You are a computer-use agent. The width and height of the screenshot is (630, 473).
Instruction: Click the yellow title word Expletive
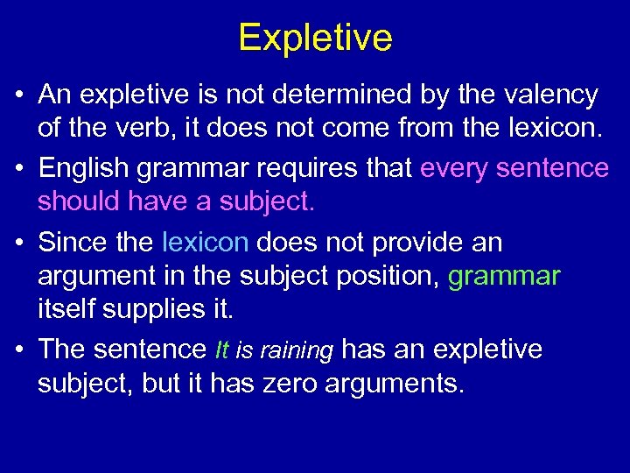pos(315,38)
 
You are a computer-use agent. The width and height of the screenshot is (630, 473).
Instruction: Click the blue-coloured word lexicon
pos(205,242)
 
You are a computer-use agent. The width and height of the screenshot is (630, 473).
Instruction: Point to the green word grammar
pos(503,277)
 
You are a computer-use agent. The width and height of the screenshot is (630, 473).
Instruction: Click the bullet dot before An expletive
pos(18,95)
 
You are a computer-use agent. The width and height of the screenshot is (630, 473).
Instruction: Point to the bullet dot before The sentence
pos(18,350)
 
